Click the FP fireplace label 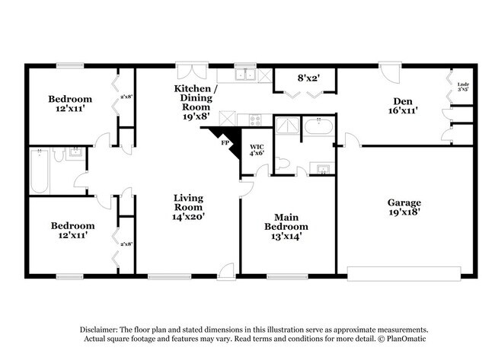(x=225, y=142)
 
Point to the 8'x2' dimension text (x=308, y=78)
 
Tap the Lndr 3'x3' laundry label (x=462, y=87)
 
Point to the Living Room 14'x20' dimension (x=187, y=216)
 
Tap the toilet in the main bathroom (x=283, y=162)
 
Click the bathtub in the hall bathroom (x=41, y=171)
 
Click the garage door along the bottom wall (x=404, y=271)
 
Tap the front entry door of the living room (x=226, y=270)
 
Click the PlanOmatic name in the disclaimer (x=404, y=339)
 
